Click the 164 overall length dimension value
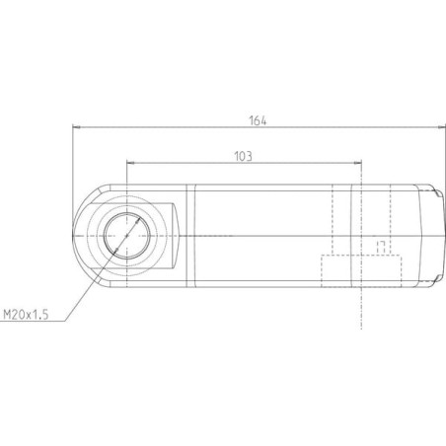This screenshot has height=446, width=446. (x=258, y=120)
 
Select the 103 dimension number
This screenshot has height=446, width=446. (x=243, y=156)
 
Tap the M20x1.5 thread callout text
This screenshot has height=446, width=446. (x=26, y=315)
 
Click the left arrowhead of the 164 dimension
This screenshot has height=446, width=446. (x=76, y=127)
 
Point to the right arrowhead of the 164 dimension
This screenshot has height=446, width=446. (x=442, y=127)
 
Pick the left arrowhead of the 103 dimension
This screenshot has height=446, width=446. (x=130, y=162)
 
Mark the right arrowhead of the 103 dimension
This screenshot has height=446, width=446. (x=357, y=162)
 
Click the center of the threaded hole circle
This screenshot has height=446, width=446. (x=127, y=236)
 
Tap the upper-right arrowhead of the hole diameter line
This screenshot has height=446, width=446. (x=138, y=220)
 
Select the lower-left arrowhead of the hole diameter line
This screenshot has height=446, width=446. (x=115, y=251)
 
